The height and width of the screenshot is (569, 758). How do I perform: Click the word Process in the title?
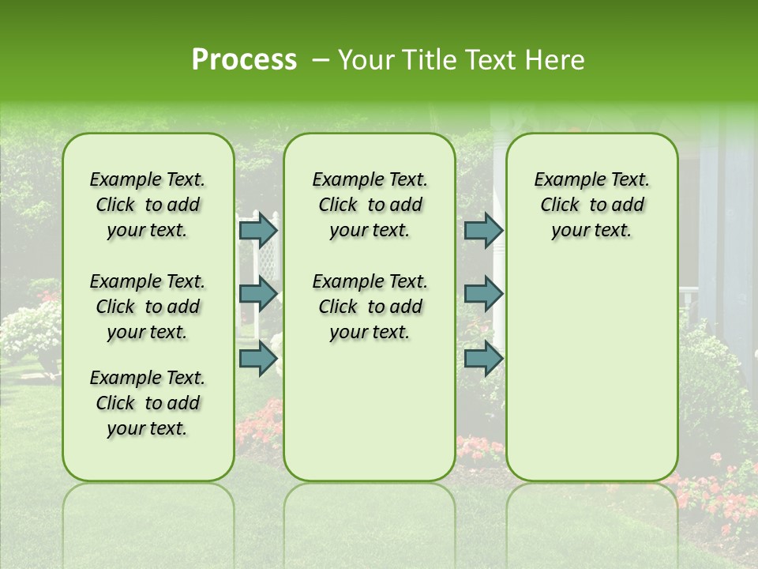244,59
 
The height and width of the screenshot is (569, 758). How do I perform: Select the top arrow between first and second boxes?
258,230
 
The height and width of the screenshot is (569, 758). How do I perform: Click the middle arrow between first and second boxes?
258,294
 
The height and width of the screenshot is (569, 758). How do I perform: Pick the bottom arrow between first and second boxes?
258,358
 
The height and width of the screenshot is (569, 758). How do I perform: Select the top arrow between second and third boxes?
483,230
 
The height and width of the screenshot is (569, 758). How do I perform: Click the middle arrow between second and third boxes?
483,294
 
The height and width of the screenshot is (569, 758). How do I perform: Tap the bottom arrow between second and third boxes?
483,358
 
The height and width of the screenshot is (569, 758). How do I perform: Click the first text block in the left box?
148,205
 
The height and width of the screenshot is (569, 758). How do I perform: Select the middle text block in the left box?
148,306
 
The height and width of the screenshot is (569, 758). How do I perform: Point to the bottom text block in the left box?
148,403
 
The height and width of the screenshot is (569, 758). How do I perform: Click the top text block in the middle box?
370,205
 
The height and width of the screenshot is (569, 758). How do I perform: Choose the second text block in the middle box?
370,306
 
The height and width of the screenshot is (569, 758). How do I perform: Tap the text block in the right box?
591,205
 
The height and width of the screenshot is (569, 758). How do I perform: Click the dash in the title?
320,61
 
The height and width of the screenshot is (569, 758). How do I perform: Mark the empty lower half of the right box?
591,371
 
